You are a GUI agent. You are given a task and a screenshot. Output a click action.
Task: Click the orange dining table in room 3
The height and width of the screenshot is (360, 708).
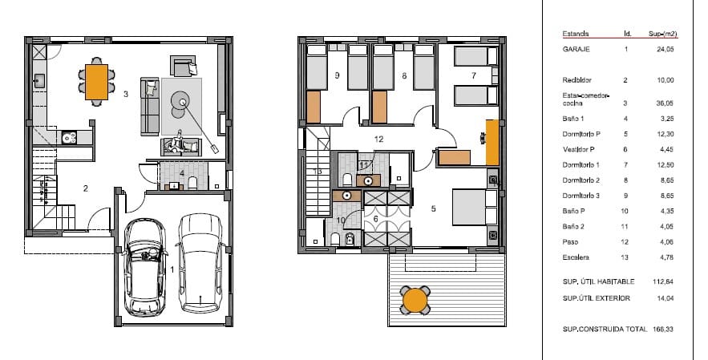pyautogui.click(x=96, y=80)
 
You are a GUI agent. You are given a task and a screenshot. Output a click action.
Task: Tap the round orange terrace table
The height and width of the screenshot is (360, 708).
pyautogui.click(x=415, y=300)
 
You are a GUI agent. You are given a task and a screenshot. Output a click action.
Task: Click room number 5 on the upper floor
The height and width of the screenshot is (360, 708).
pyautogui.click(x=434, y=209)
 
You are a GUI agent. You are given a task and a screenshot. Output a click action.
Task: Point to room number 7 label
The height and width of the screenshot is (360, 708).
pyautogui.click(x=474, y=75)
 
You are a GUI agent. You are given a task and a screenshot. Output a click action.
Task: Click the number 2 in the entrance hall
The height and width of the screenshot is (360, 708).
pyautogui.click(x=86, y=188)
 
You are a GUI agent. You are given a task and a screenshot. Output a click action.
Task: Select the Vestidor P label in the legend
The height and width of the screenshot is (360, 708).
pyautogui.click(x=581, y=149)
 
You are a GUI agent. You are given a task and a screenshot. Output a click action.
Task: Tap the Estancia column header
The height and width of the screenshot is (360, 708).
pyautogui.click(x=577, y=34)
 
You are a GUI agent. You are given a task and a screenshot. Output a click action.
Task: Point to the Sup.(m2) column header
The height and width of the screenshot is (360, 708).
pyautogui.click(x=665, y=34)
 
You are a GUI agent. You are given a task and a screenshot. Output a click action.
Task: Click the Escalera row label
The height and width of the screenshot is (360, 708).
pyautogui.click(x=577, y=258)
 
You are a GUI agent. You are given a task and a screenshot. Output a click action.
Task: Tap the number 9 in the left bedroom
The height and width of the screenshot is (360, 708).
pyautogui.click(x=337, y=75)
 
